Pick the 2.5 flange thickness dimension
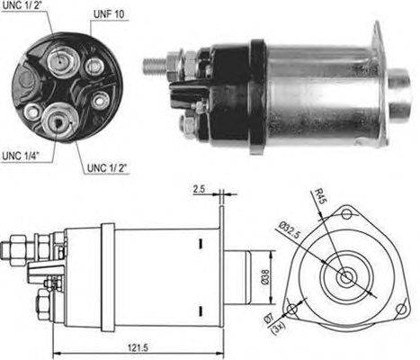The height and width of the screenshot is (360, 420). [x=198, y=190]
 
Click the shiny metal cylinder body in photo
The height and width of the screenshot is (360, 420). [x=315, y=90]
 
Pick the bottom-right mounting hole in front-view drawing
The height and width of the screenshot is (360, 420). [x=400, y=303]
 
